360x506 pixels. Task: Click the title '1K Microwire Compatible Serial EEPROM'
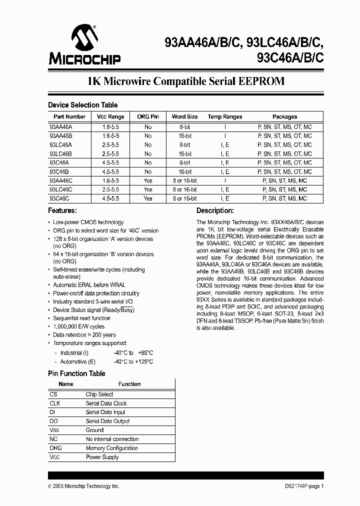pyautogui.click(x=186, y=81)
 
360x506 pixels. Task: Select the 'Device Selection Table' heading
pyautogui.click(x=82, y=105)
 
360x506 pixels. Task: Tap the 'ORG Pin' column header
pyautogui.click(x=147, y=116)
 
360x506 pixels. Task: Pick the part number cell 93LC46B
pyautogui.click(x=61, y=153)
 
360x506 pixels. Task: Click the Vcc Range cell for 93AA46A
pyautogui.click(x=110, y=127)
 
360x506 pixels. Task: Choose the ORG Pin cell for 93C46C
pyautogui.click(x=147, y=198)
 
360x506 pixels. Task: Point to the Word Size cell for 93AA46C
pyautogui.click(x=184, y=180)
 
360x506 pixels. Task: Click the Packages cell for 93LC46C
pyautogui.click(x=284, y=189)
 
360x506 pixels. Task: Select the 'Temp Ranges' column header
pyautogui.click(x=225, y=116)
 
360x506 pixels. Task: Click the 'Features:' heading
pyautogui.click(x=62, y=211)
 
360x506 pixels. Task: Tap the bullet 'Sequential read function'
pyautogui.click(x=81, y=318)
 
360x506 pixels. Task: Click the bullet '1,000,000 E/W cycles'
pyautogui.click(x=78, y=326)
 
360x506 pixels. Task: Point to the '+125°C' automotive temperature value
pyautogui.click(x=143, y=361)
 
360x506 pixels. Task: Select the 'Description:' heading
pyautogui.click(x=215, y=211)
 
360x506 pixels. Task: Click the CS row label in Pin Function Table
pyautogui.click(x=54, y=394)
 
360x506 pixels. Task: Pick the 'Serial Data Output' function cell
pyautogui.click(x=107, y=421)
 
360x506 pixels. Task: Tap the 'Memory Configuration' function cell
pyautogui.click(x=111, y=448)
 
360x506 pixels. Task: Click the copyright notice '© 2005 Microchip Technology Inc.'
pyautogui.click(x=83, y=486)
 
